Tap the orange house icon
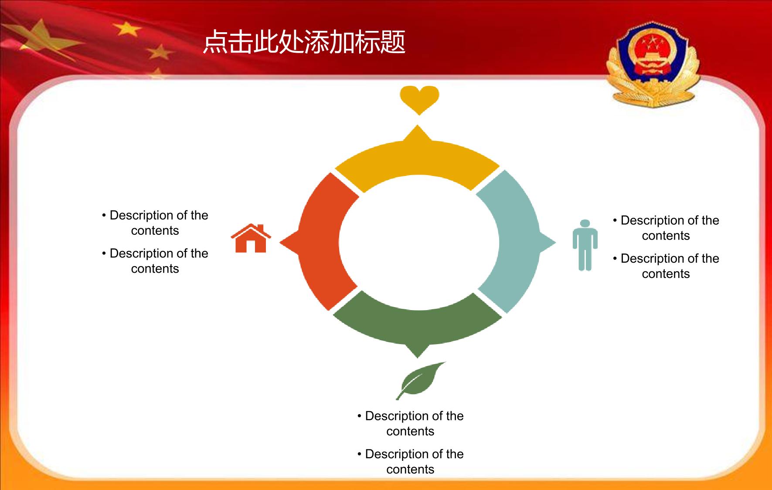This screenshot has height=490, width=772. point(251,238)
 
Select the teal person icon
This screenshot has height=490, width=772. point(585,245)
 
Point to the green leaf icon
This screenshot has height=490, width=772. point(420,381)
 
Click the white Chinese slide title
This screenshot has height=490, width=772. point(304,42)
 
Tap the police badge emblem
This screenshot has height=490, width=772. point(653,64)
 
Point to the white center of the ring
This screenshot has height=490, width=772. point(418,242)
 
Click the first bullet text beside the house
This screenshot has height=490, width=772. point(155,223)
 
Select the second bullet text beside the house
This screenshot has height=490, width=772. point(155,261)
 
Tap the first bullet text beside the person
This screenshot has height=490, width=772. point(666,228)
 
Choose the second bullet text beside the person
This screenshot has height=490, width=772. point(666,266)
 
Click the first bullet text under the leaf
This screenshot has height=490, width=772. point(411,423)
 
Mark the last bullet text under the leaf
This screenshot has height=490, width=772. point(411,461)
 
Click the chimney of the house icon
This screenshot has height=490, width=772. point(261,228)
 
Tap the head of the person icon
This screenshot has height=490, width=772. point(585,223)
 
